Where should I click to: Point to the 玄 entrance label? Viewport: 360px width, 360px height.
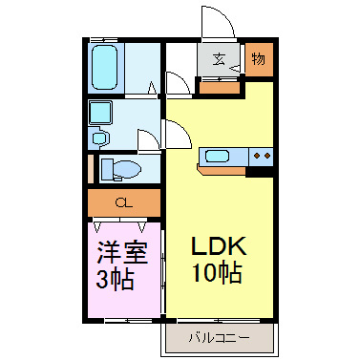(219, 59)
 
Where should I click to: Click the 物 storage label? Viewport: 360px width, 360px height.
(259, 59)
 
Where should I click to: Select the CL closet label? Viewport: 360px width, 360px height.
(123, 202)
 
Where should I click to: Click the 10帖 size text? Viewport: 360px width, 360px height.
(216, 274)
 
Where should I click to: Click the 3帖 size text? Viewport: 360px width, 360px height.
(116, 282)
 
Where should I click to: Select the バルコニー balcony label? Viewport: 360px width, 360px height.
(218, 338)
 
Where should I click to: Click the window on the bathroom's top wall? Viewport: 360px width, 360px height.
(107, 41)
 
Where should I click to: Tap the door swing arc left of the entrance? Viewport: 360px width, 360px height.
(178, 82)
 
